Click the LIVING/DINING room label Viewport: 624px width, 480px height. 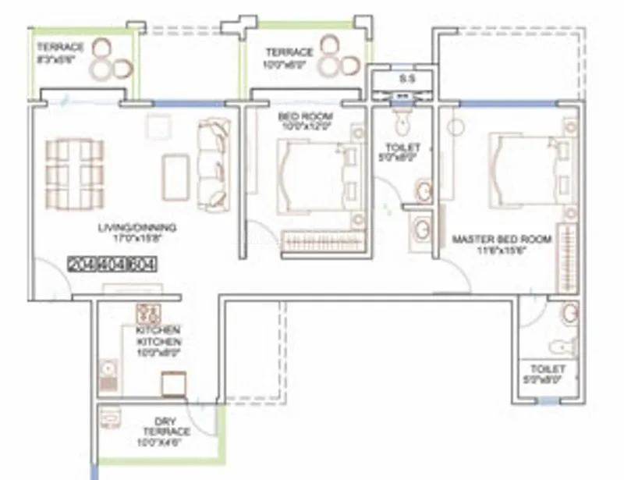coord(137,228)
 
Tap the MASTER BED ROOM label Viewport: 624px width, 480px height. coord(502,239)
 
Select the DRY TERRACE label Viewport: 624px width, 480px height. coord(166,426)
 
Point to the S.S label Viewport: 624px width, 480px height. coord(406,79)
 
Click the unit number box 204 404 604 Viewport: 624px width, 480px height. coord(112,264)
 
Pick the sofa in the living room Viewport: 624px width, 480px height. coord(213,164)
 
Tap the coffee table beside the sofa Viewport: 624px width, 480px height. coord(175,177)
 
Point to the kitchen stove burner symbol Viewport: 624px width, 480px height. coord(147,315)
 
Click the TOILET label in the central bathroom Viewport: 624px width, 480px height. coord(403,148)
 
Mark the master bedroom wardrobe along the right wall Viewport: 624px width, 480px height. coord(566,258)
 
